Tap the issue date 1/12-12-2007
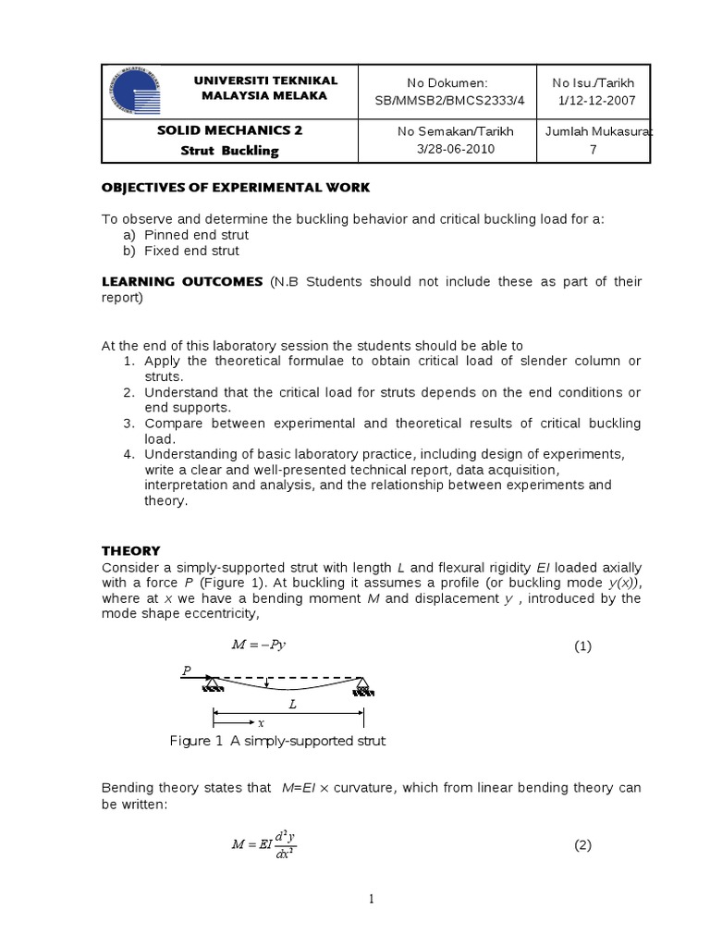click(x=594, y=100)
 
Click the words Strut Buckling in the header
click(x=229, y=150)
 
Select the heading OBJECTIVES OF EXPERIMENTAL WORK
click(x=235, y=188)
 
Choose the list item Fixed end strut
click(x=191, y=251)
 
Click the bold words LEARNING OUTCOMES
click(x=181, y=282)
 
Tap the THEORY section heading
click(x=130, y=550)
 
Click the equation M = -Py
click(x=258, y=646)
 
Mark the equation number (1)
click(x=582, y=646)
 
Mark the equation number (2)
click(x=582, y=844)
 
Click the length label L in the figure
click(x=292, y=704)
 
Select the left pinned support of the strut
click(x=214, y=685)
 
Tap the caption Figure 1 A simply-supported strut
click(x=277, y=741)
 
